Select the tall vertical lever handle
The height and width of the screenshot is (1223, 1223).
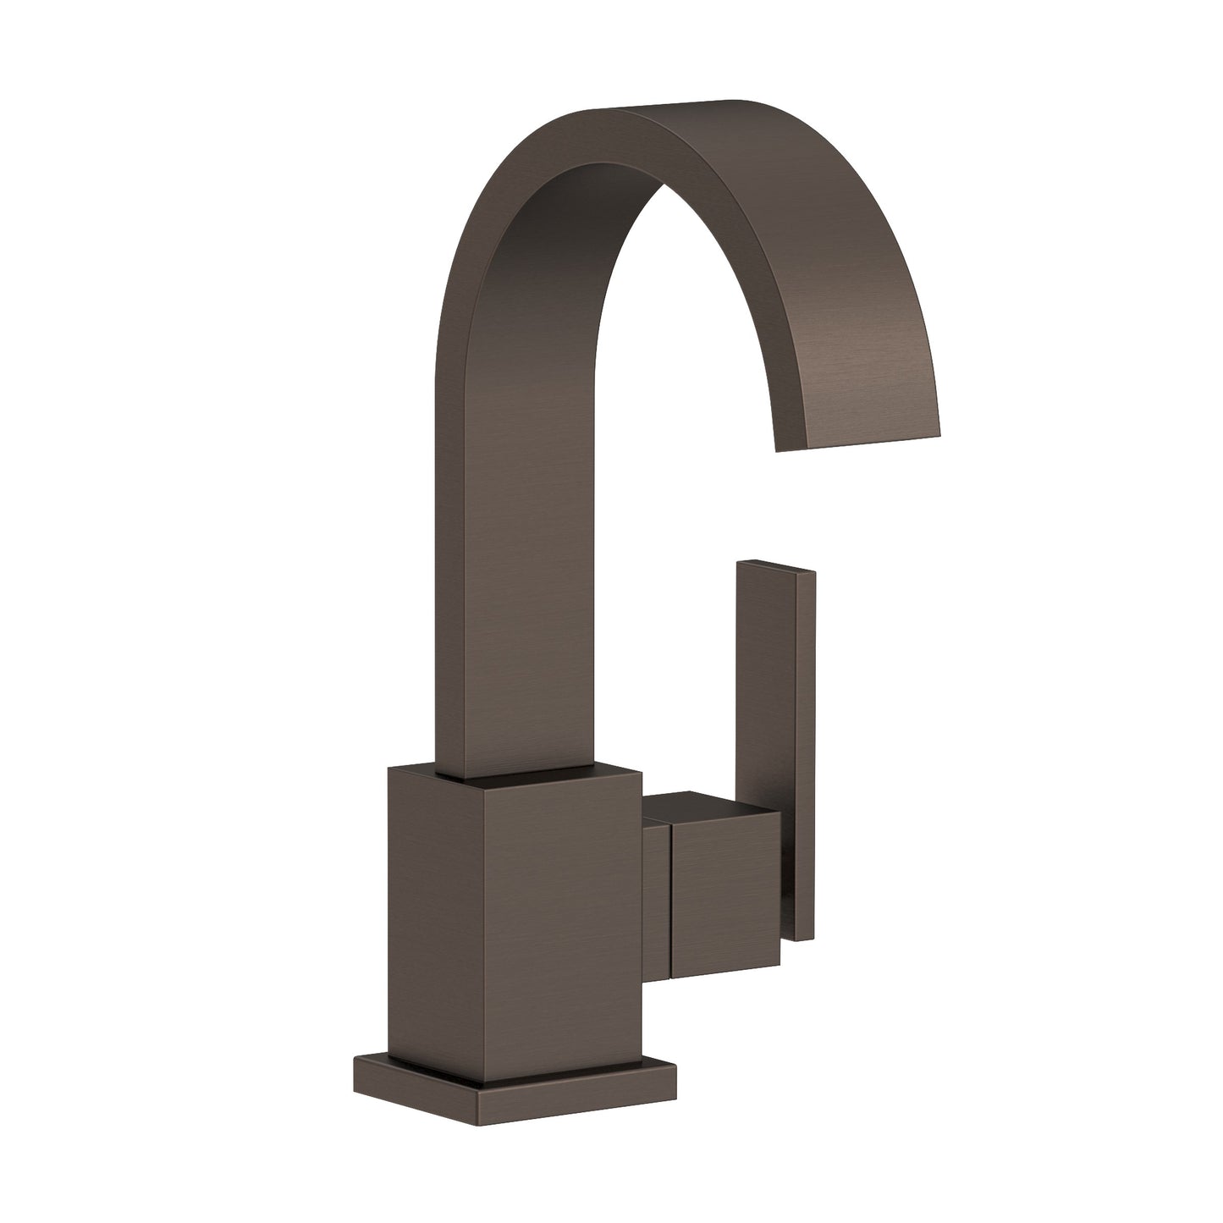[x=766, y=745]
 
